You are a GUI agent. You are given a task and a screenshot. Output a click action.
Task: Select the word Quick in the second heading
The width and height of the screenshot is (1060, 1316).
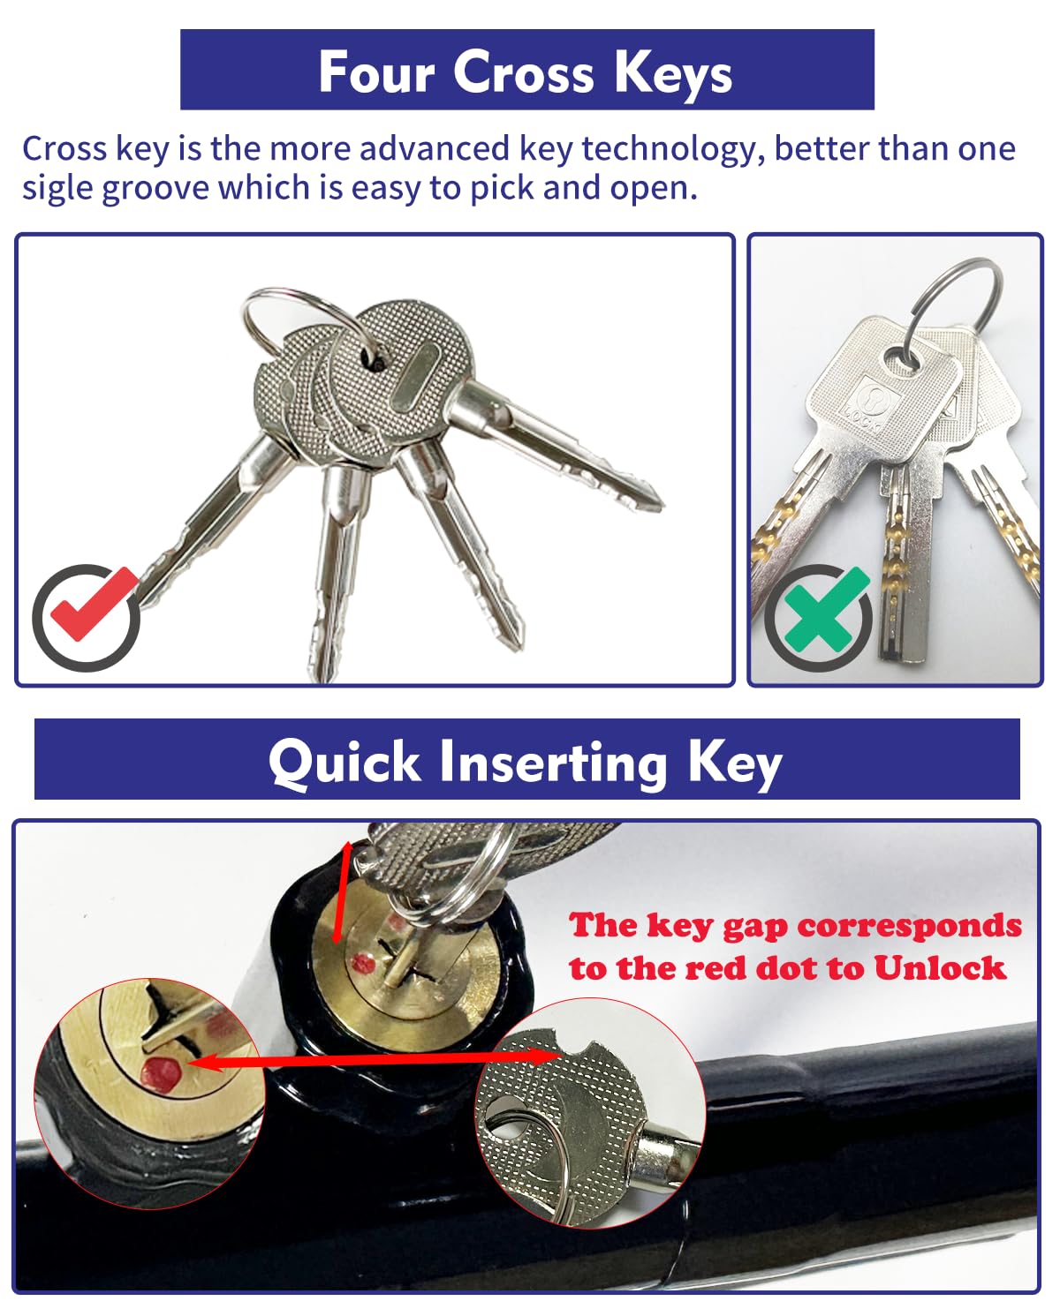tap(344, 761)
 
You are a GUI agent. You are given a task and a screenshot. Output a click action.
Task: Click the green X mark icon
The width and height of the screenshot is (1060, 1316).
tap(818, 615)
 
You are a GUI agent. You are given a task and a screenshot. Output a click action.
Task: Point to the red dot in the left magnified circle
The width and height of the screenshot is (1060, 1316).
tap(160, 1072)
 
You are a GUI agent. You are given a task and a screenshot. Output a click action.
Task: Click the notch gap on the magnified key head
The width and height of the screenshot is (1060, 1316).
tap(571, 1044)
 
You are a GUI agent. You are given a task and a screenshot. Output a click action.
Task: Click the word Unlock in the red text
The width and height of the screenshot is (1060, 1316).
tap(939, 968)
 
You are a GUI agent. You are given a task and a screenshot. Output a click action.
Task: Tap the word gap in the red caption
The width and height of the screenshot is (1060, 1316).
tap(756, 926)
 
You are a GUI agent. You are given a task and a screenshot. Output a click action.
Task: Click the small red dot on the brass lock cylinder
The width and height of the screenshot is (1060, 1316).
tap(360, 963)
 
